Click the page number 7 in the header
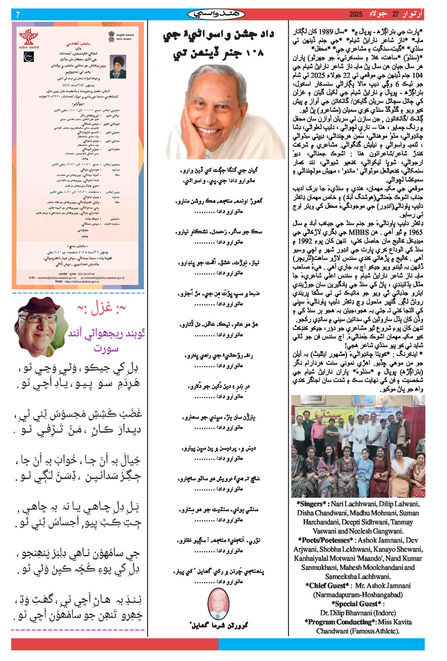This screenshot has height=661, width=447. click(18, 15)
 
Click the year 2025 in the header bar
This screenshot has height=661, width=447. click(356, 14)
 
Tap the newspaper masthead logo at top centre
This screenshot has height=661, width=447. click(216, 14)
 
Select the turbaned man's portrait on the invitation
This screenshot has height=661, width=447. click(118, 66)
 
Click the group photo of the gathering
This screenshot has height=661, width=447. click(358, 446)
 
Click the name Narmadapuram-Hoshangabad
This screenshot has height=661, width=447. click(358, 595)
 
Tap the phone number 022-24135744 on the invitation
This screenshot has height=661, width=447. click(87, 274)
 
